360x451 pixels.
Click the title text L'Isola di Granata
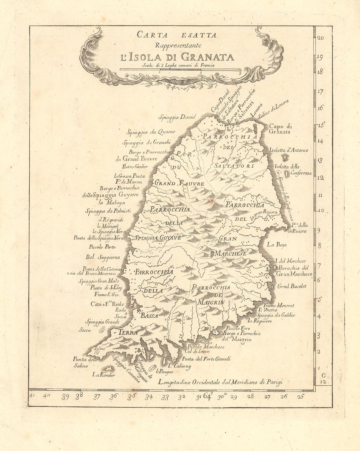pyautogui.click(x=177, y=57)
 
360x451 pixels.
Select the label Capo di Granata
pyautogui.click(x=280, y=129)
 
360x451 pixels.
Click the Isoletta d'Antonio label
pyautogui.click(x=289, y=150)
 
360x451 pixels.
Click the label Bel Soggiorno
pyautogui.click(x=103, y=257)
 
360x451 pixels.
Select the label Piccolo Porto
pyautogui.click(x=102, y=247)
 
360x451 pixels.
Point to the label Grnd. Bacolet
pyautogui.click(x=292, y=286)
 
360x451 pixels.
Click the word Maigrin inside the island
pyautogui.click(x=211, y=302)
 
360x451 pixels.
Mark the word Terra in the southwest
pyautogui.click(x=128, y=332)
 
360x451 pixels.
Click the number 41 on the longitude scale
pyautogui.click(x=32, y=395)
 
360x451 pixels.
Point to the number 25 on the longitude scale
pyautogui.click(x=300, y=396)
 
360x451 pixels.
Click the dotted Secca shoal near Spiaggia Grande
pyautogui.click(x=102, y=330)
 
